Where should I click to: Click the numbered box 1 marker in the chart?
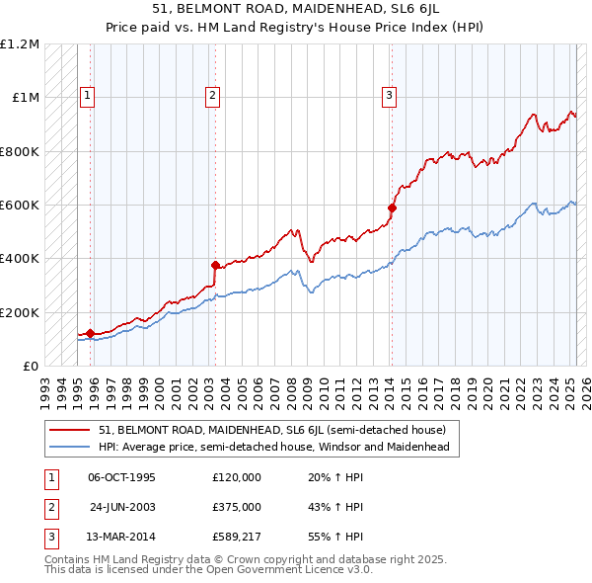(x=88, y=96)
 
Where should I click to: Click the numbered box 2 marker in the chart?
(x=213, y=96)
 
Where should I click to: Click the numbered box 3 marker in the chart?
(x=389, y=96)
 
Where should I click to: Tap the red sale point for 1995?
(x=90, y=333)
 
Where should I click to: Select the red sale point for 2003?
(x=215, y=265)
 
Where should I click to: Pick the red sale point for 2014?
(x=392, y=208)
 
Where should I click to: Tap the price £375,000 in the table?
(x=237, y=507)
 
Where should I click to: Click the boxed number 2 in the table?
(x=48, y=507)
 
